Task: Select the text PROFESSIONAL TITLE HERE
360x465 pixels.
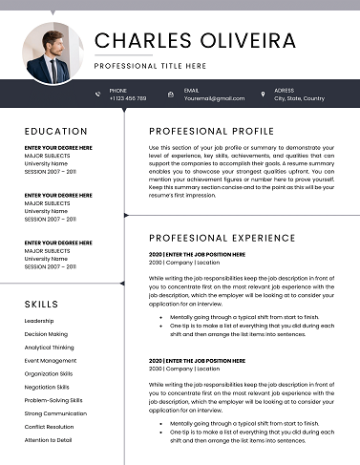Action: pyautogui.click(x=150, y=66)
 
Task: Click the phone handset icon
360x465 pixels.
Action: pyautogui.click(x=97, y=94)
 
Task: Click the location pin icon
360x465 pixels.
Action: pyautogui.click(x=263, y=94)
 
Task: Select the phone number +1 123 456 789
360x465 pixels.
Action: pyautogui.click(x=128, y=98)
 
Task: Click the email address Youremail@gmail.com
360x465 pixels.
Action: pyautogui.click(x=214, y=98)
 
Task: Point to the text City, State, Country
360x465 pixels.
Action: pyautogui.click(x=299, y=98)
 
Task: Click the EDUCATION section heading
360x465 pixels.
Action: pyautogui.click(x=56, y=131)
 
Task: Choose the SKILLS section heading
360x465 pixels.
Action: pyautogui.click(x=42, y=304)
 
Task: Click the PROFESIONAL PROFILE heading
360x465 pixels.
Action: pyautogui.click(x=211, y=131)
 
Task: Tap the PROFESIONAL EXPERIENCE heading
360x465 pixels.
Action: pyautogui.click(x=222, y=238)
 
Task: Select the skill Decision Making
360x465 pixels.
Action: pyautogui.click(x=46, y=334)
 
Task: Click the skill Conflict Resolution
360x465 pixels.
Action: pyautogui.click(x=50, y=427)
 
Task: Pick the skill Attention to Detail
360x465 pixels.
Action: pyautogui.click(x=49, y=440)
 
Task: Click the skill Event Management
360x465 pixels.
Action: pyautogui.click(x=51, y=361)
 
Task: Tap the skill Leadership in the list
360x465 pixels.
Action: pyautogui.click(x=39, y=321)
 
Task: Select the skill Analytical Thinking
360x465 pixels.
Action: pyautogui.click(x=50, y=348)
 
